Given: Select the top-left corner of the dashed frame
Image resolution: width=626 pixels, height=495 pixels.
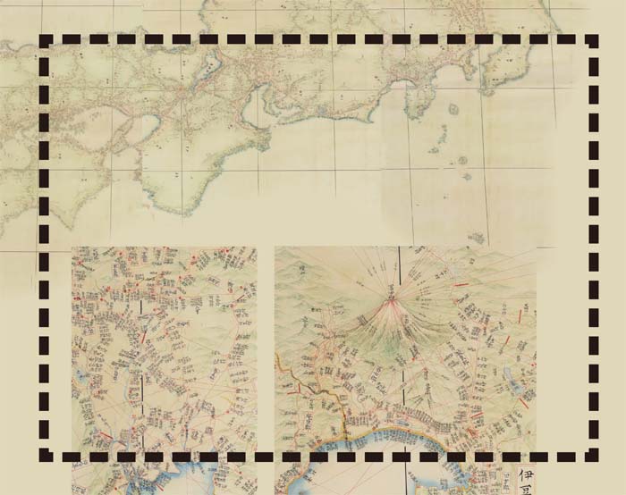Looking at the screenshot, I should click(47, 41).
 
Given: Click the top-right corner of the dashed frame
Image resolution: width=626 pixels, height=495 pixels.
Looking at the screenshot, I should click(593, 41).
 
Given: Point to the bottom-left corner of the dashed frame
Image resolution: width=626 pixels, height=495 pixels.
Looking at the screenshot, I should click(47, 456).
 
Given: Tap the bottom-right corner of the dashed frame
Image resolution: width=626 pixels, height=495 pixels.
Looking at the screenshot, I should click(593, 456).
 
